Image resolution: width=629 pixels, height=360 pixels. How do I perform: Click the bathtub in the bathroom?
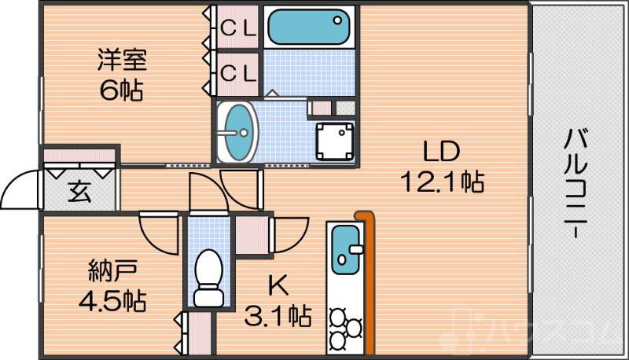point(307,28)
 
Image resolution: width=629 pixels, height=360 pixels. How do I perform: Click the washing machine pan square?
point(335,142)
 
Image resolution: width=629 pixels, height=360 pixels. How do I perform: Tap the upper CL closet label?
point(237,27)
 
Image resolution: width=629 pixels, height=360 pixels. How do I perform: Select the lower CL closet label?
point(237,73)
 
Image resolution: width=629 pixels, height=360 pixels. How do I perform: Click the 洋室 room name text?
point(121,61)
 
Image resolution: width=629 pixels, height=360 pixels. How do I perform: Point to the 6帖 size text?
point(121,90)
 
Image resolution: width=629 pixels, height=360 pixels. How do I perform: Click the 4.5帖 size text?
point(112,301)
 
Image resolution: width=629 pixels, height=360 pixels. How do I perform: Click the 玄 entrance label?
point(79,192)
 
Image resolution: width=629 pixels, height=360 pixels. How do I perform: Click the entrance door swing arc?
point(20,189)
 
